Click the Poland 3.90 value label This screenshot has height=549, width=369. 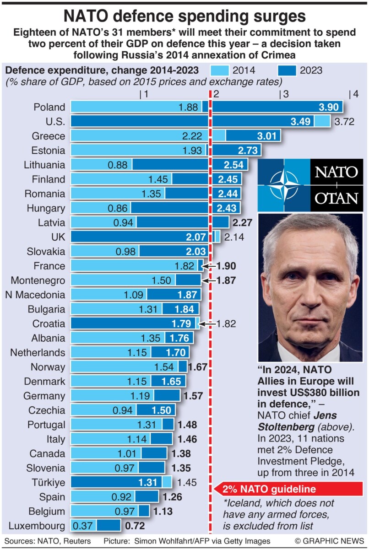pyautogui.click(x=328, y=107)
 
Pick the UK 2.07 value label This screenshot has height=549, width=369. pyautogui.click(x=195, y=237)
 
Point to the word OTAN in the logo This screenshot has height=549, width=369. pyautogui.click(x=336, y=198)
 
